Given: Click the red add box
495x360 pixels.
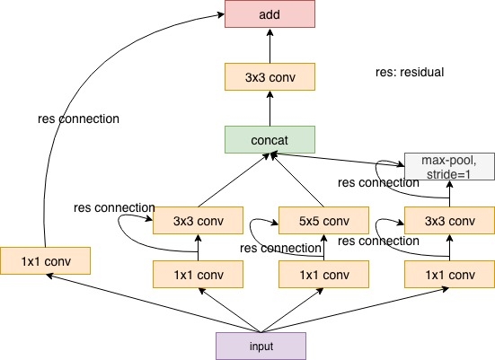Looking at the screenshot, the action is point(270,13).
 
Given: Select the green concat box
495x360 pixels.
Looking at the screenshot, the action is point(270,139).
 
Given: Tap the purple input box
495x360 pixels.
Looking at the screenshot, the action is point(261,347).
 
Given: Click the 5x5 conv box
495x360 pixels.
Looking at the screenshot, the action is point(323,221).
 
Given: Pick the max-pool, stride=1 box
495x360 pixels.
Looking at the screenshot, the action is point(449,167).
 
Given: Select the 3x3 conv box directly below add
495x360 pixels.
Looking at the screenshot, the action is point(270,76).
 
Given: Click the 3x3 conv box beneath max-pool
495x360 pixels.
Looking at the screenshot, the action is point(449,221).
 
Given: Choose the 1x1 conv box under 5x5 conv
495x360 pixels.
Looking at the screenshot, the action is point(323,274).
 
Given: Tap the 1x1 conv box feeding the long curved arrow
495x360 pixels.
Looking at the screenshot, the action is point(45,261).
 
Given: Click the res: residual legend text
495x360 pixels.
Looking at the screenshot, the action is point(410,72).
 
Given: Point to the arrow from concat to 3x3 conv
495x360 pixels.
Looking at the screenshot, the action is point(270,109).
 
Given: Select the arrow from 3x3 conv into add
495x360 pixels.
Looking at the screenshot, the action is point(270,46).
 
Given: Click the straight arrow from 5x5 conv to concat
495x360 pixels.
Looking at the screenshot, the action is point(297,180).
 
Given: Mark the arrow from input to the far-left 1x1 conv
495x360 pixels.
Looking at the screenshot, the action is point(154,303).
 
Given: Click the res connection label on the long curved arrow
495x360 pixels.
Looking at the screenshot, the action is point(78,119).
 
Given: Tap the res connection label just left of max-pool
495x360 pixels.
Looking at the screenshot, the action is point(378,182).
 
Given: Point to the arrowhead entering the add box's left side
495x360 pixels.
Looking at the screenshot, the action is point(220,14).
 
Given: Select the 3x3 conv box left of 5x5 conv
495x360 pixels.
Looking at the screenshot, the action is point(198,221).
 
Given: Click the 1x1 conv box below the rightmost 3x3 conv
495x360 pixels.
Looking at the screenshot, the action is point(449,274).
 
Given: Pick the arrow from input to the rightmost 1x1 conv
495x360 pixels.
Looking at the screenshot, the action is point(355,310).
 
